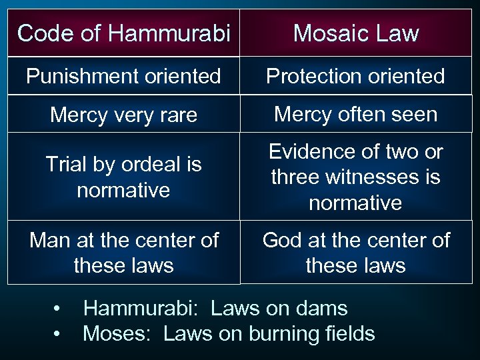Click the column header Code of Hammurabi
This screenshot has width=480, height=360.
pyautogui.click(x=124, y=33)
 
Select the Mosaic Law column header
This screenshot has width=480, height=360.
pyautogui.click(x=356, y=33)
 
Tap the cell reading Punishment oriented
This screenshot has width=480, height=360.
pyautogui.click(x=124, y=76)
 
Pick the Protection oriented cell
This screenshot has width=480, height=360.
pyautogui.click(x=355, y=76)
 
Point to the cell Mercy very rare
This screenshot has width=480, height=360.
pyautogui.click(x=124, y=115)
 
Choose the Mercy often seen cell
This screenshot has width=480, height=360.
pyautogui.click(x=356, y=114)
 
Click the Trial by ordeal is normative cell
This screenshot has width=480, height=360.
pyautogui.click(x=124, y=177)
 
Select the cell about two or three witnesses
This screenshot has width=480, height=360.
pyautogui.click(x=356, y=177)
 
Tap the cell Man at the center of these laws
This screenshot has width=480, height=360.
pyautogui.click(x=124, y=253)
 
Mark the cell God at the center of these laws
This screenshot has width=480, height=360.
pyautogui.click(x=356, y=253)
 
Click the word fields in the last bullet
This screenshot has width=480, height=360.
pyautogui.click(x=349, y=333)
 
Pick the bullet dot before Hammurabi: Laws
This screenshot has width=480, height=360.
pyautogui.click(x=59, y=309)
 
